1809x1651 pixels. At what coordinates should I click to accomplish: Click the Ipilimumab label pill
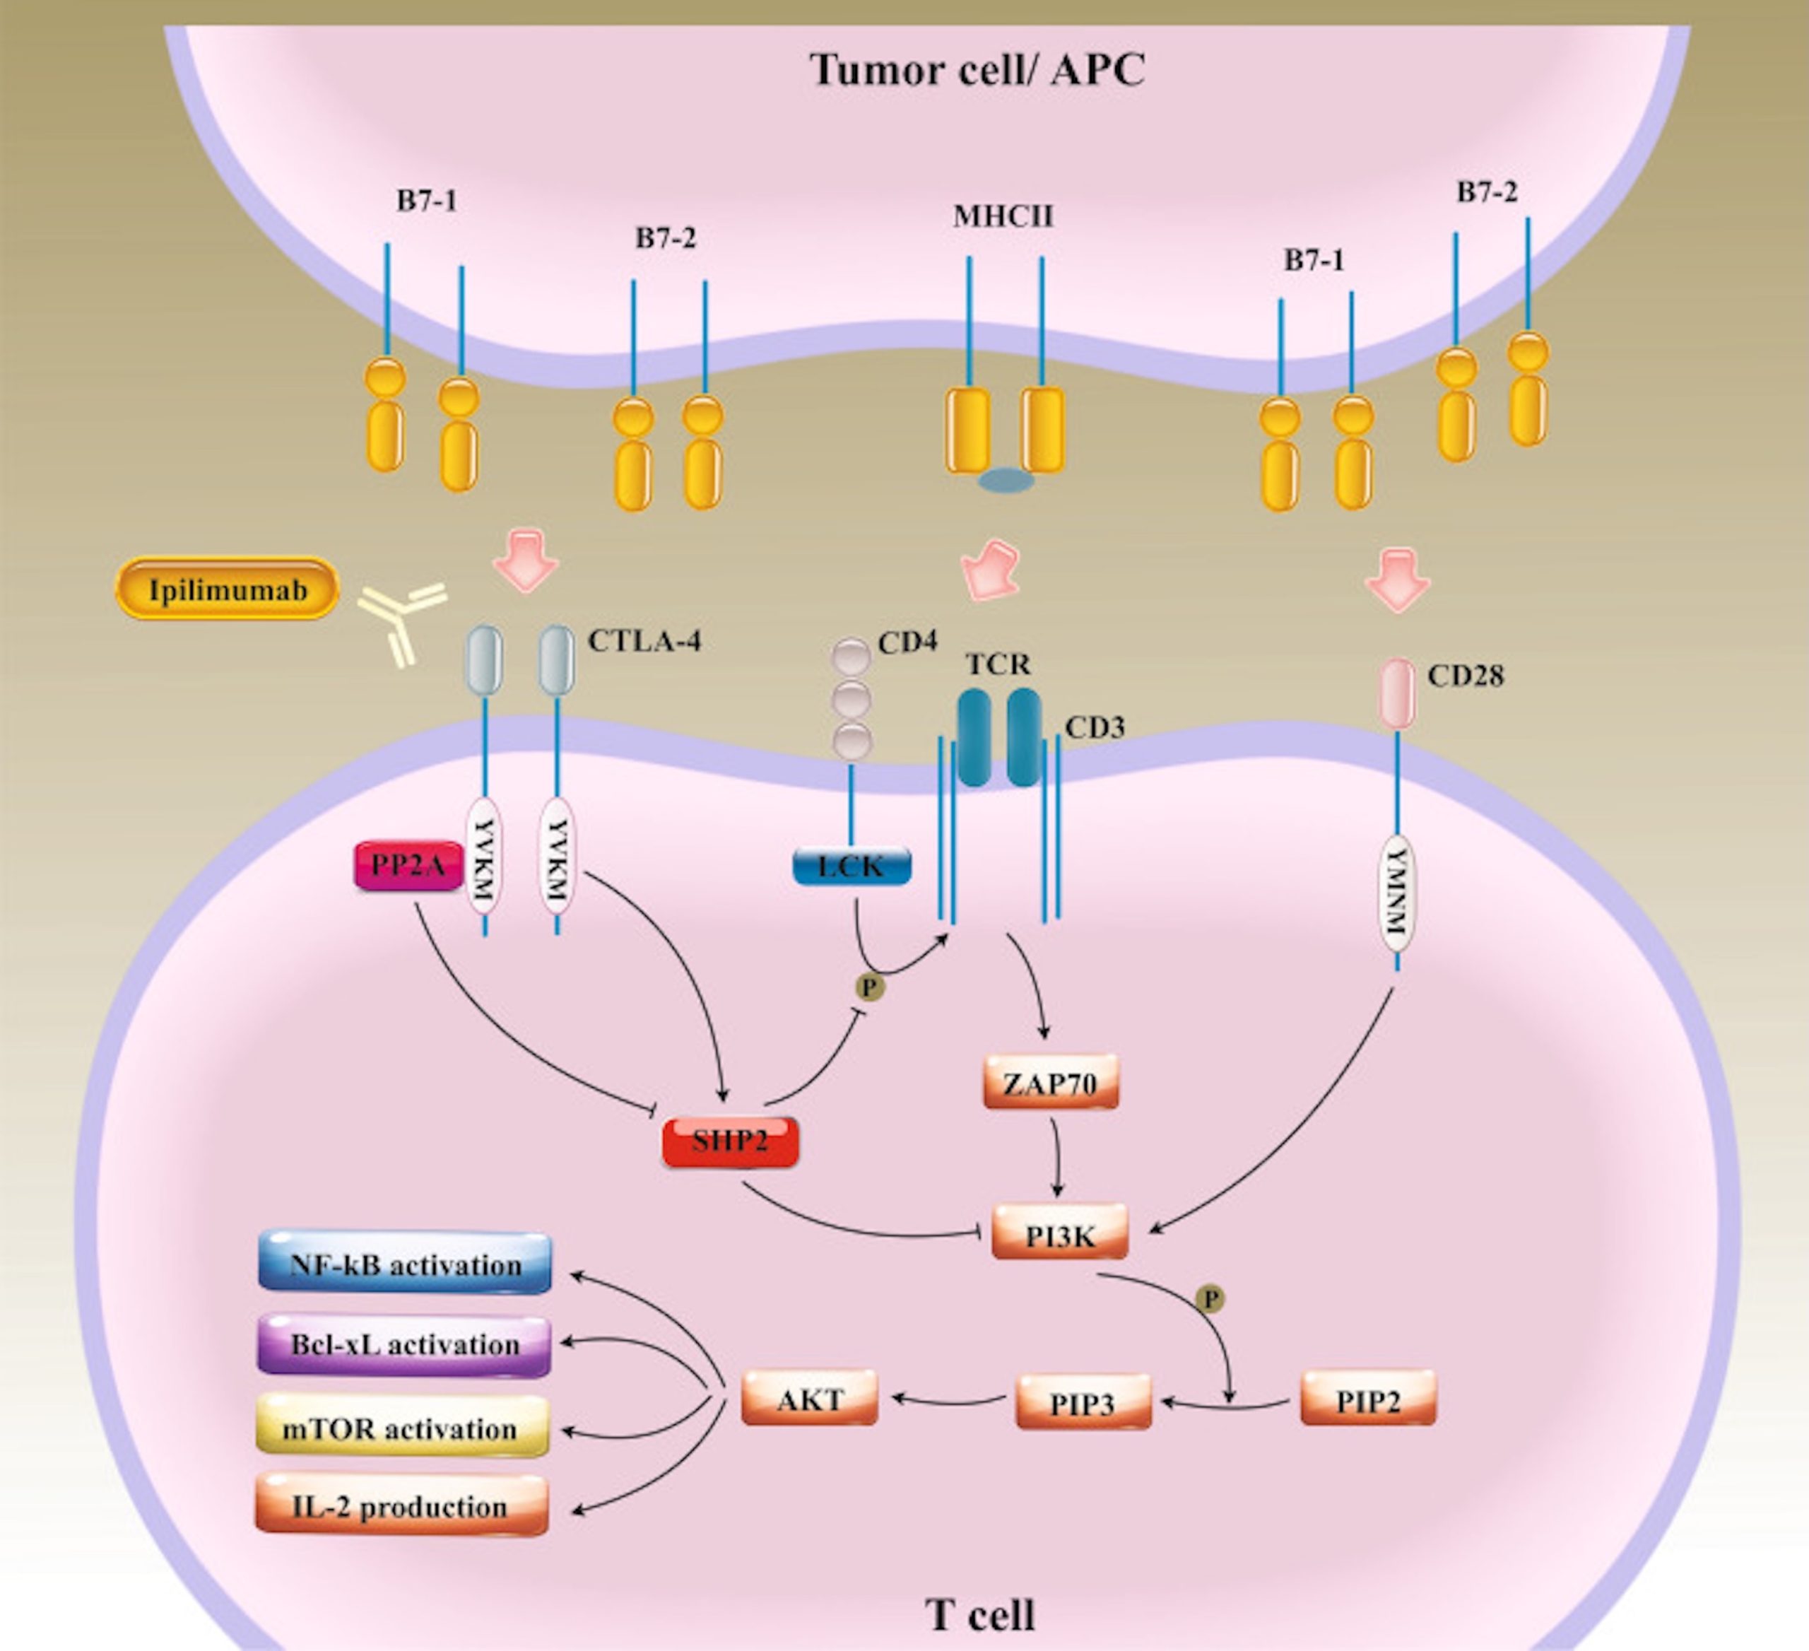(x=227, y=589)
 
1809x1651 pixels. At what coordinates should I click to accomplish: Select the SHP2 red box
(x=729, y=1141)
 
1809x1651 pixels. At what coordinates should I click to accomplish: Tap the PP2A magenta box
(x=408, y=865)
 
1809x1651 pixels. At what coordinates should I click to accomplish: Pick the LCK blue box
(x=852, y=866)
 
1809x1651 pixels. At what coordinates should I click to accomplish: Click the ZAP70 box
(x=1051, y=1083)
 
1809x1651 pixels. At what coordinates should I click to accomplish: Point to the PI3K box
(x=1060, y=1236)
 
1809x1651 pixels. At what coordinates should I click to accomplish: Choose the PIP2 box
(x=1367, y=1400)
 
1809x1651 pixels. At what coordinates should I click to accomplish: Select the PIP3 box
(x=1083, y=1402)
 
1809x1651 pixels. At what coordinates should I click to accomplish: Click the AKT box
(x=809, y=1399)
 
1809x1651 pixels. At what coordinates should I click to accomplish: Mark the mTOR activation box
(x=401, y=1428)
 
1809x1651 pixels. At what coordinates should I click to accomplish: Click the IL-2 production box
(x=401, y=1507)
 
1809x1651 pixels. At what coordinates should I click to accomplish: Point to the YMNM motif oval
(x=1396, y=892)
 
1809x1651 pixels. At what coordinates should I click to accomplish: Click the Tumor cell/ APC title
(x=977, y=70)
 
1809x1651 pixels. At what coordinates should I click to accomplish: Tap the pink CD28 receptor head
(x=1396, y=693)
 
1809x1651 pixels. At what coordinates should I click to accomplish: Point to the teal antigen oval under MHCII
(x=1006, y=480)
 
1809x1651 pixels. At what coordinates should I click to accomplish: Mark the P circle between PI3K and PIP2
(x=1210, y=1298)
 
